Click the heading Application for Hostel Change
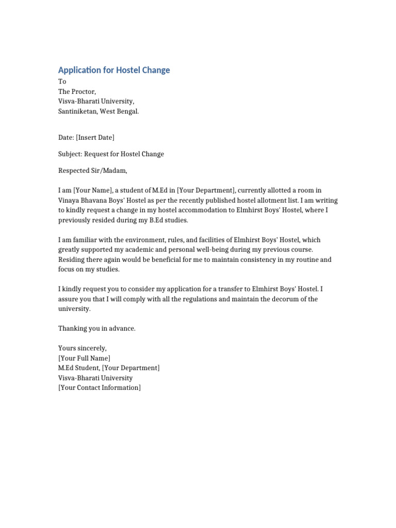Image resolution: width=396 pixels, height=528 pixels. tap(114, 70)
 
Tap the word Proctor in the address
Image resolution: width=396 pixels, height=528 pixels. tap(83, 91)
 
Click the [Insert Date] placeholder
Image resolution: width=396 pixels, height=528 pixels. tap(95, 137)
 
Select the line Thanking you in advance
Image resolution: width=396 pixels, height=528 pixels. tap(97, 328)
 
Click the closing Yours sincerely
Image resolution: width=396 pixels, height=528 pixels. tap(82, 348)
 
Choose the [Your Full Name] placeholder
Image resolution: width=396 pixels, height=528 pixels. tap(84, 358)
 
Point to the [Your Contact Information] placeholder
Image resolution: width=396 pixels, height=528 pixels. tap(100, 387)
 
